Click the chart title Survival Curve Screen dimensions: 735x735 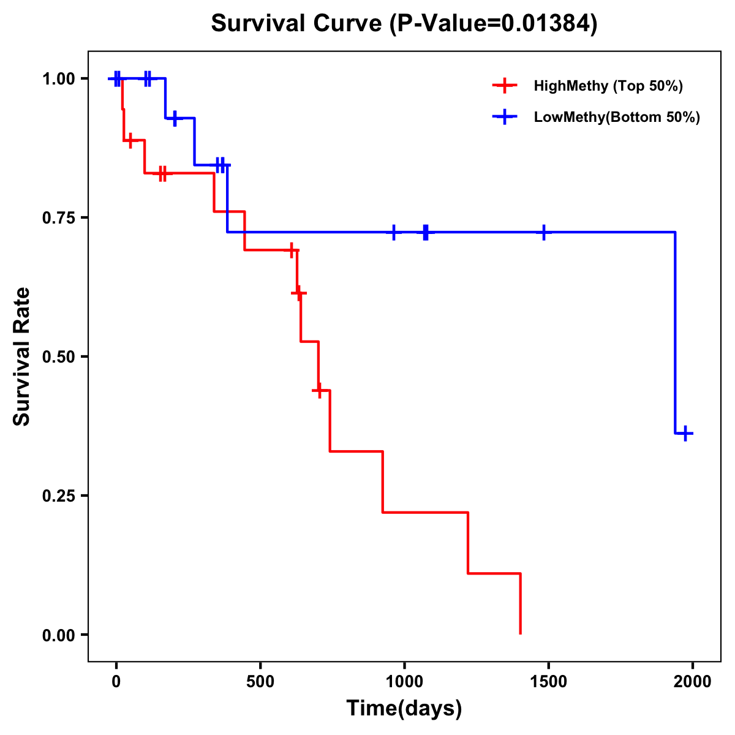(x=404, y=24)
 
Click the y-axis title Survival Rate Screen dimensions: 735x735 (x=22, y=356)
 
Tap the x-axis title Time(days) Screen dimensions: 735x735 (x=404, y=708)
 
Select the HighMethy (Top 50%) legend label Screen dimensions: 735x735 (x=608, y=86)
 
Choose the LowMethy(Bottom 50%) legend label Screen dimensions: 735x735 (x=616, y=118)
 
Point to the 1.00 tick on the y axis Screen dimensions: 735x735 (x=58, y=79)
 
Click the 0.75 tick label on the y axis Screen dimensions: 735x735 (x=58, y=218)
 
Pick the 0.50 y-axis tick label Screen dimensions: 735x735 (x=58, y=357)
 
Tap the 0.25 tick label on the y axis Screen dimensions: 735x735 (x=58, y=496)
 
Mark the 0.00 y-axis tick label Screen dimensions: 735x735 (x=58, y=635)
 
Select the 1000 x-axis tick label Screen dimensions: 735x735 (x=404, y=682)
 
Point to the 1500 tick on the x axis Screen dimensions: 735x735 (x=548, y=682)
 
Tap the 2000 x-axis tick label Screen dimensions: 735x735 (x=692, y=682)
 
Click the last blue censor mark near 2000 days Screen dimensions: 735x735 (x=686, y=434)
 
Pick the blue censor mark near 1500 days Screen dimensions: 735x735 (x=543, y=232)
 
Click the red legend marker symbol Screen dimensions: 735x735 (x=505, y=86)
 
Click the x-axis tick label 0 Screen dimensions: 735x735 (x=116, y=682)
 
